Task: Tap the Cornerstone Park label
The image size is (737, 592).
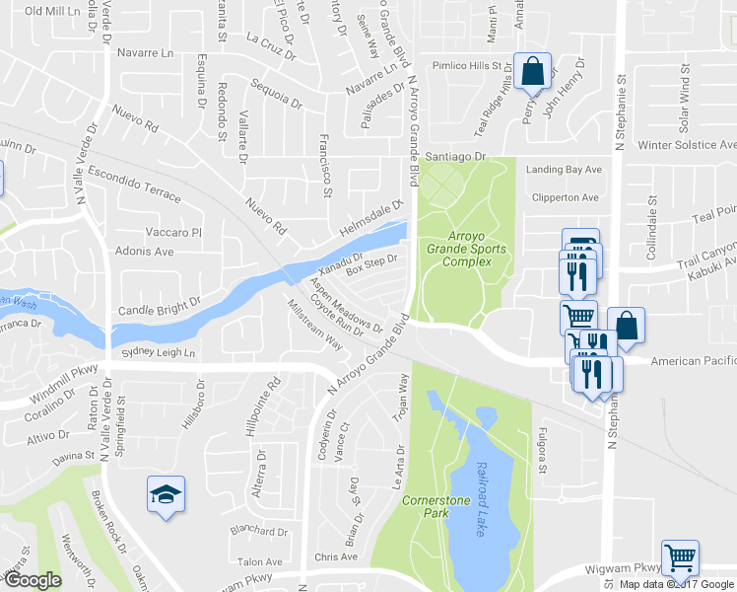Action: point(435,507)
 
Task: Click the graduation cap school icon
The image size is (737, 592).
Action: point(165,496)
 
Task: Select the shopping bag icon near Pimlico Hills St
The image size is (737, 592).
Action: point(532,73)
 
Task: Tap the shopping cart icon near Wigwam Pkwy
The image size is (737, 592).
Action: point(680,558)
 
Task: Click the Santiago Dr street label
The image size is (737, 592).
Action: point(455,157)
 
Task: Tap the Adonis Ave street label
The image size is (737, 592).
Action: point(144,252)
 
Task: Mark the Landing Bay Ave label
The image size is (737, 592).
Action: point(563,170)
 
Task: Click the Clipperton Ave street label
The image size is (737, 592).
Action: point(564,197)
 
